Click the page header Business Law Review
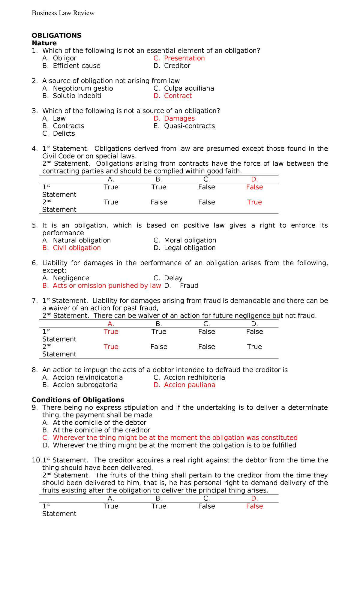coord(63,13)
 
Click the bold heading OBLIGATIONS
coord(56,35)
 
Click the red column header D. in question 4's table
coord(254,179)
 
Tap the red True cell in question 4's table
coord(254,202)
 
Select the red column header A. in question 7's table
coord(111,324)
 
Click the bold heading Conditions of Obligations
coord(78,400)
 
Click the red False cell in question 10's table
coord(254,506)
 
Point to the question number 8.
coord(34,370)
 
